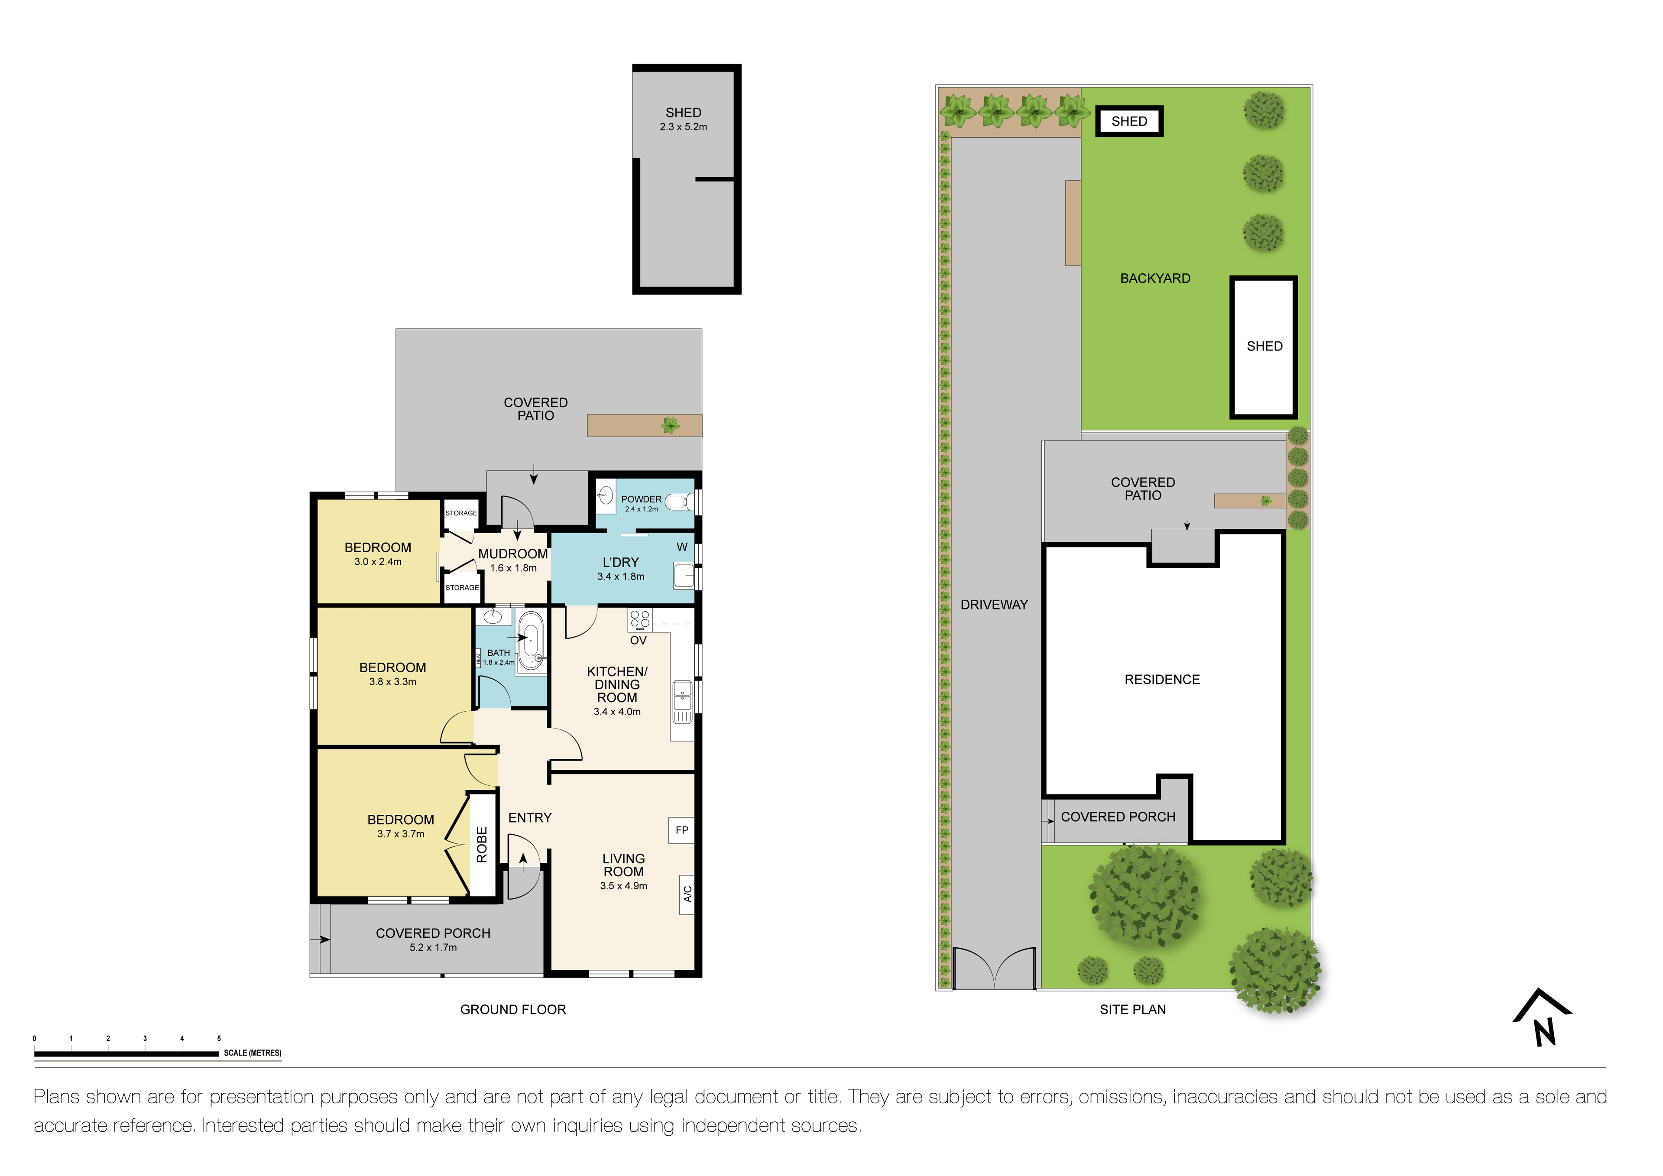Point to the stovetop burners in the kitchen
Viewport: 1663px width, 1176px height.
(639, 619)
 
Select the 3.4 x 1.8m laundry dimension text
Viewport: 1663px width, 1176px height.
(621, 577)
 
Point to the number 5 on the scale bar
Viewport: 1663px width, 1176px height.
(219, 1038)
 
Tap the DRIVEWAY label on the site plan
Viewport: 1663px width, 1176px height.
(994, 605)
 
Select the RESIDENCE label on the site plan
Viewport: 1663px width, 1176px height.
(1162, 679)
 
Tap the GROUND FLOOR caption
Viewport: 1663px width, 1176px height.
(513, 1009)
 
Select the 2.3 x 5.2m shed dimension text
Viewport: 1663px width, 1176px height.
(683, 127)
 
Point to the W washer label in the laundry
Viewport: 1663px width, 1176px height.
(681, 547)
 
